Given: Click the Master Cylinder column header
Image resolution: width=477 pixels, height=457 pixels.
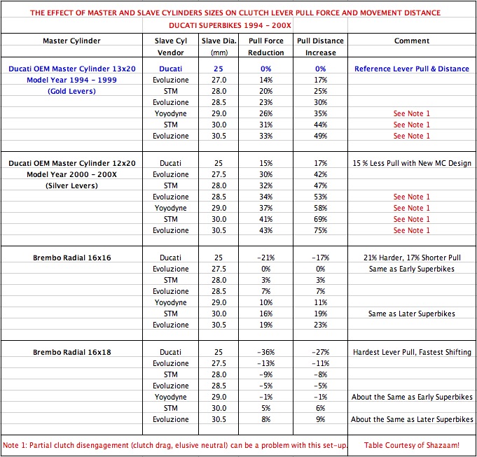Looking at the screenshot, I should point(72,41).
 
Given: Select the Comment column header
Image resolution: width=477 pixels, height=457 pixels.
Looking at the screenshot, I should point(412,41).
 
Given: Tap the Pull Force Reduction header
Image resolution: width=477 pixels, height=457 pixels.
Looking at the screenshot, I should point(266,46).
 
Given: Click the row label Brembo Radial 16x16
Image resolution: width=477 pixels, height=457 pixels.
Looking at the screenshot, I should point(72,258).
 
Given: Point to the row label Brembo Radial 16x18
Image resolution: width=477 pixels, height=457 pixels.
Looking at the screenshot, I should point(72,352).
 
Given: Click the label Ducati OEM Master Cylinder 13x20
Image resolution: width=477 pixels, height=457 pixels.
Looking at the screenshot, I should point(72,69).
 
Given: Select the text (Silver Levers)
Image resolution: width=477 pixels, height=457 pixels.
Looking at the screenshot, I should point(72,185).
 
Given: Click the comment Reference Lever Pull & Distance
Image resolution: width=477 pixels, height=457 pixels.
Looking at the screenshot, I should point(412,69).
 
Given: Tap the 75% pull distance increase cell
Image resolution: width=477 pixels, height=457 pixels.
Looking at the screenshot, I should point(321,230).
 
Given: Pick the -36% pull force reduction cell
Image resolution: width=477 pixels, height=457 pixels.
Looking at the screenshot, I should point(266,352).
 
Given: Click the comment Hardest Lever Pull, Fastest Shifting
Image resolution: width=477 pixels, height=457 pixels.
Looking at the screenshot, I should point(412,352).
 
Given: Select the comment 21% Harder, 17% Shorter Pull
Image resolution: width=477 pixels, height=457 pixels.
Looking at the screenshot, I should point(412,258).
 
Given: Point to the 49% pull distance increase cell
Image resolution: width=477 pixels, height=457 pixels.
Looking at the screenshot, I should point(321,136).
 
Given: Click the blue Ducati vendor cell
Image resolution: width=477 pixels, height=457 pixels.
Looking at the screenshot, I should point(171,69).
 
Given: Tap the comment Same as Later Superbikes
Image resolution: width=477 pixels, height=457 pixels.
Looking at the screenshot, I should point(412,314).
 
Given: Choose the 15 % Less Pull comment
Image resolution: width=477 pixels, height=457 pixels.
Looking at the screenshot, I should point(412,163).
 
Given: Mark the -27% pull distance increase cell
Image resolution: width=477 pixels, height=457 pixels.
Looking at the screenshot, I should point(321,352).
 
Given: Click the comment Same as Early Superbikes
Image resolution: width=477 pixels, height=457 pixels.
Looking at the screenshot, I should point(412,269).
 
